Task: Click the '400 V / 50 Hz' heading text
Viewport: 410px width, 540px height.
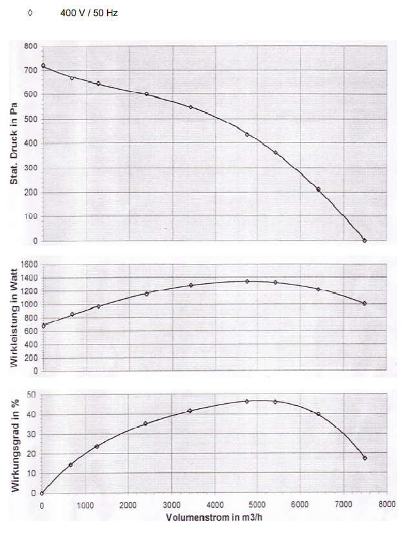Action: tap(89, 13)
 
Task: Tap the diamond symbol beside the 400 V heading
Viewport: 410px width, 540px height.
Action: tap(30, 13)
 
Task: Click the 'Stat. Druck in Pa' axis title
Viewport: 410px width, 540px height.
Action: tap(14, 143)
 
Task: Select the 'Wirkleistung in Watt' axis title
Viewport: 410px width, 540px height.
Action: tap(14, 317)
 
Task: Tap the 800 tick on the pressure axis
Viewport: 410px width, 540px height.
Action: tap(30, 46)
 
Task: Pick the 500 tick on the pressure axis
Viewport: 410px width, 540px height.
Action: tap(30, 119)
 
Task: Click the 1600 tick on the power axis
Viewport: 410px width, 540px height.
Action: tap(28, 264)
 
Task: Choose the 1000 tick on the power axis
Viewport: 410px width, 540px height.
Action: tap(28, 305)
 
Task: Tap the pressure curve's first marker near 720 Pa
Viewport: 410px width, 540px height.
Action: tap(43, 66)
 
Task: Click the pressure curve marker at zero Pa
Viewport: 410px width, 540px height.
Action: tap(365, 241)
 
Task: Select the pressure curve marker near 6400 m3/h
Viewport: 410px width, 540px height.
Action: tap(318, 189)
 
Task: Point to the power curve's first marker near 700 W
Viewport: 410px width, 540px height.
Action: tap(43, 325)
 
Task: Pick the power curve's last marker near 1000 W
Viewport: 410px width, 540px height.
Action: tap(365, 303)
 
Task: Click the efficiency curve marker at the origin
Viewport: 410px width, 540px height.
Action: tap(43, 494)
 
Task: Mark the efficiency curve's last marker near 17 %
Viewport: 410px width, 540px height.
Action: tap(365, 458)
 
